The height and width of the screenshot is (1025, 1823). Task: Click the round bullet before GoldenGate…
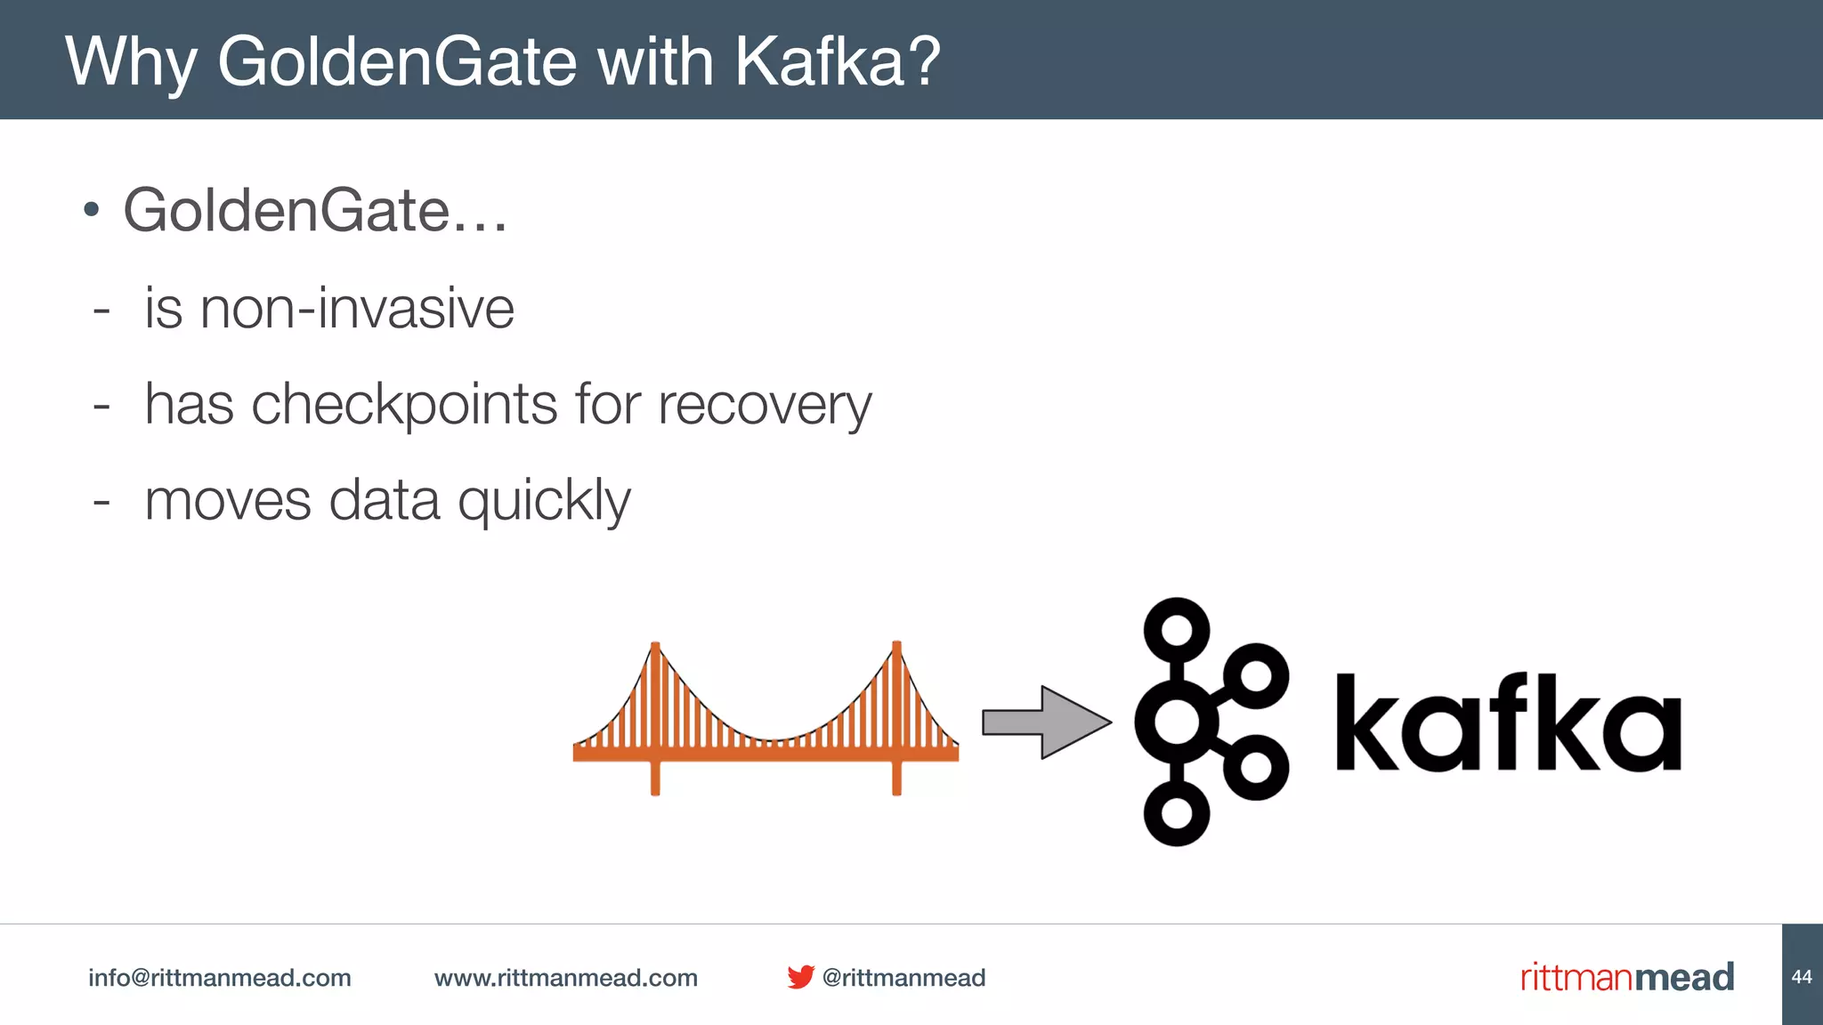91,211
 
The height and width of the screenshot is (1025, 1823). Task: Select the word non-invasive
357,309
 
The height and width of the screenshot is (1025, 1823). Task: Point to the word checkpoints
404,405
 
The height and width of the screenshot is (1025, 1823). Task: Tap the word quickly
544,501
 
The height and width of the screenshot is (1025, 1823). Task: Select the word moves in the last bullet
228,501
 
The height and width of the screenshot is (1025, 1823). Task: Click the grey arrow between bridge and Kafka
1047,722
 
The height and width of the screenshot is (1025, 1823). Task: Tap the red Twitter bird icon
800,977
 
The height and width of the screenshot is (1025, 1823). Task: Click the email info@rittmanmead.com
219,978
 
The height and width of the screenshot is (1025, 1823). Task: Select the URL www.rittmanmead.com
566,978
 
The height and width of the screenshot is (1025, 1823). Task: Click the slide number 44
1802,977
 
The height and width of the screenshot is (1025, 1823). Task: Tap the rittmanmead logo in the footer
1627,977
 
